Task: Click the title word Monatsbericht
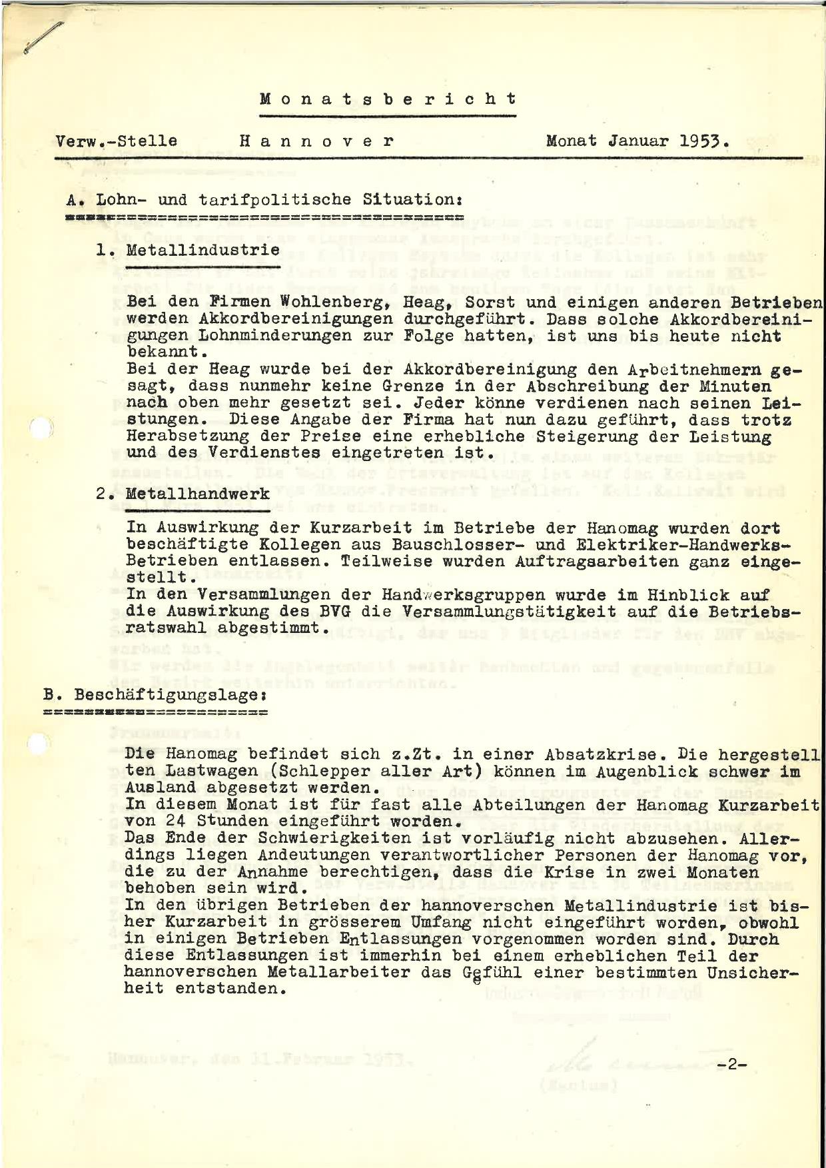point(388,99)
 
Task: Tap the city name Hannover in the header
point(316,141)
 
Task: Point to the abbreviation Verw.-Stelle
point(117,141)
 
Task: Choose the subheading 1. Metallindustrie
point(188,251)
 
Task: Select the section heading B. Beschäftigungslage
point(156,694)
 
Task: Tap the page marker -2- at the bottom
point(733,1064)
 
